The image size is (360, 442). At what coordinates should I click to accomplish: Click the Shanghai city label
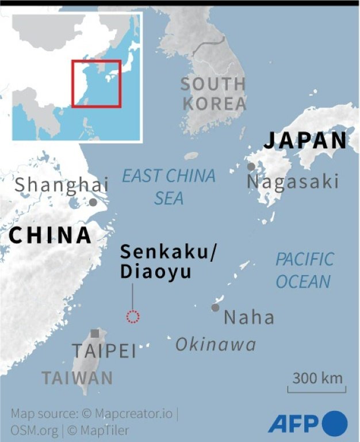click(x=62, y=185)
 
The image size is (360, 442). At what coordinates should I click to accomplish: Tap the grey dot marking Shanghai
click(x=93, y=202)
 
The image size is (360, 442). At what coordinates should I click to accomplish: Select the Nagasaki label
click(x=292, y=182)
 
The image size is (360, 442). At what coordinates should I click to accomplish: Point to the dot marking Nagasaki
click(x=251, y=166)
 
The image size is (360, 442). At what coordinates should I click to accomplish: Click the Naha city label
click(x=249, y=317)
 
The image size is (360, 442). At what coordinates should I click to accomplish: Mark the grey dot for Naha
click(x=215, y=307)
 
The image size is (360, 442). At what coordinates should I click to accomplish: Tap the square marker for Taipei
click(x=94, y=333)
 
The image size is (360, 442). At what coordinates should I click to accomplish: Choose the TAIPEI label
click(x=104, y=351)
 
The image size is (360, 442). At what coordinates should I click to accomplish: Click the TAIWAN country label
click(x=77, y=378)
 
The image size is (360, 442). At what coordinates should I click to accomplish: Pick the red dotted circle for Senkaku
click(x=133, y=316)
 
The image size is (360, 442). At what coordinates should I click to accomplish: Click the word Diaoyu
click(x=155, y=272)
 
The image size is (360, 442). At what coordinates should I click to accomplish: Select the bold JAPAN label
click(x=306, y=140)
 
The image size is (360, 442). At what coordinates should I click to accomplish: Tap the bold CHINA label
click(x=51, y=235)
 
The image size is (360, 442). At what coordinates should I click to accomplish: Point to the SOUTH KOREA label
click(x=214, y=94)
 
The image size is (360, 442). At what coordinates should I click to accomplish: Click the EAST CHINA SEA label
click(x=169, y=186)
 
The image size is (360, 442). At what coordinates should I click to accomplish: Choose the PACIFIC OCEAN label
click(x=304, y=270)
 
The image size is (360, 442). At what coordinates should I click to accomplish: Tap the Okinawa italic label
click(x=216, y=344)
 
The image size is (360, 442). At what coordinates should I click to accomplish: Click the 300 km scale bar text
click(x=317, y=379)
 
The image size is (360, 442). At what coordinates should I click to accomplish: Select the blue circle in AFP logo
click(x=335, y=424)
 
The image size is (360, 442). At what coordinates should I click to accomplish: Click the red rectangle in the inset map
click(x=96, y=83)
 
